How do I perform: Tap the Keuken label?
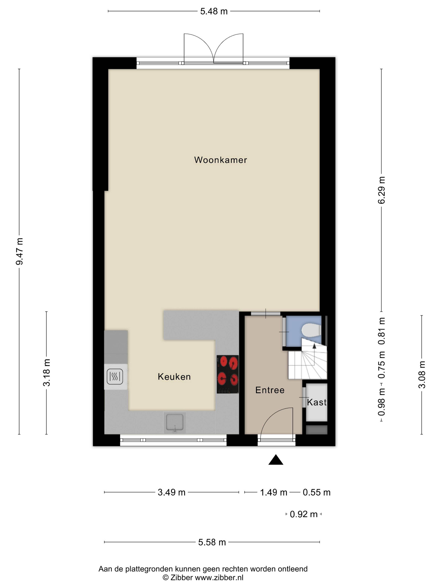click(x=174, y=377)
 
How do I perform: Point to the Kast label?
click(x=317, y=402)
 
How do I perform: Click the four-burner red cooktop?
click(x=228, y=374)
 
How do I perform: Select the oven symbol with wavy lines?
click(x=115, y=376)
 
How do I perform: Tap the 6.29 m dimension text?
click(x=382, y=190)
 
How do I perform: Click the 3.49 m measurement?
click(x=171, y=492)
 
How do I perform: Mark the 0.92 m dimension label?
click(x=304, y=514)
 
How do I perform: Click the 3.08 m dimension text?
click(x=422, y=375)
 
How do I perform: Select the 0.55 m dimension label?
click(x=317, y=492)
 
